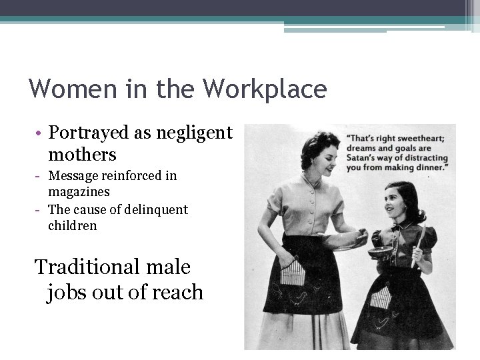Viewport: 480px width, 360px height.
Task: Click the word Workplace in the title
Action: point(265,89)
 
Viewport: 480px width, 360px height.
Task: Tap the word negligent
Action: point(194,133)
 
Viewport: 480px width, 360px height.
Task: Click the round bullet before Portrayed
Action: point(39,134)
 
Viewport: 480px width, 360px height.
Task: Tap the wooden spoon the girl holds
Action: point(419,244)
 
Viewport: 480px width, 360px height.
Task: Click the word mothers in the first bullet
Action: point(82,155)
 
